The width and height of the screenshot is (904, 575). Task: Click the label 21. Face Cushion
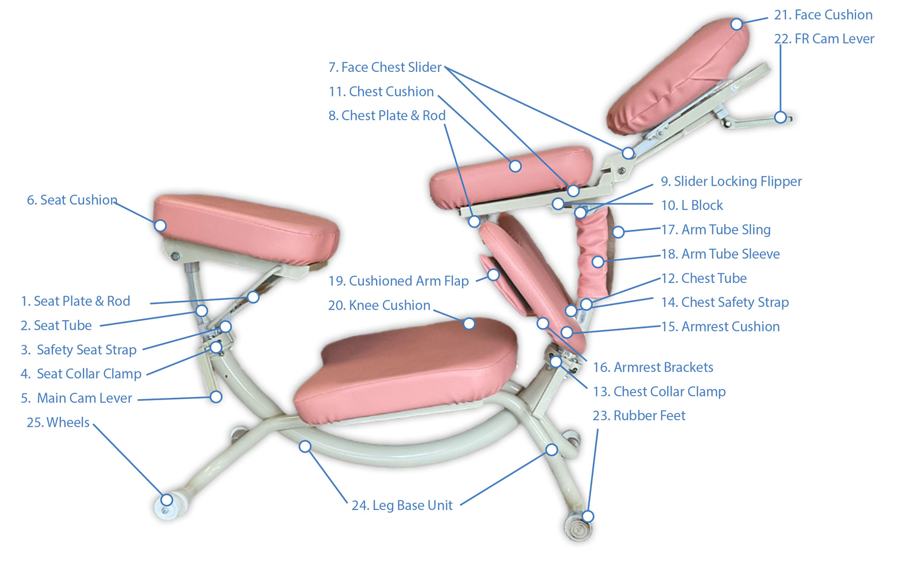[823, 15]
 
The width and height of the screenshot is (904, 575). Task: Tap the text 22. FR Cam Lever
[824, 39]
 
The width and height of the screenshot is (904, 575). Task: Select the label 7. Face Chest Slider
[385, 67]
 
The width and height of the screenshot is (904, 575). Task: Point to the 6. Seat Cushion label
[72, 200]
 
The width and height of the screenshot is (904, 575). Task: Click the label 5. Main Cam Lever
[76, 398]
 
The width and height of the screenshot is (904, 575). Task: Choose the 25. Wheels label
[58, 422]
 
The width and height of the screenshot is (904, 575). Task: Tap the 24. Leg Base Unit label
[402, 505]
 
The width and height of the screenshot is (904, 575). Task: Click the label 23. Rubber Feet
[639, 416]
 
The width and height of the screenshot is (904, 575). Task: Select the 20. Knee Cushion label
[379, 305]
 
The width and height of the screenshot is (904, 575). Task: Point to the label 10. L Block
[692, 206]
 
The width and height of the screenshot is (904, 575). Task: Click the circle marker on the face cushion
[736, 24]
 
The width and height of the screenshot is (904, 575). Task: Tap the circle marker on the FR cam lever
[780, 117]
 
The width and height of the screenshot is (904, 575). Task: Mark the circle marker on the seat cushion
[160, 225]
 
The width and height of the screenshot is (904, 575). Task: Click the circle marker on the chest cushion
[515, 166]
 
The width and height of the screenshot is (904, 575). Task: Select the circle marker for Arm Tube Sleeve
[598, 262]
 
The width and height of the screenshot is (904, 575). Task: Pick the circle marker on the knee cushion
[469, 323]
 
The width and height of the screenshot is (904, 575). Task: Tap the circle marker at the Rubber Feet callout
[588, 516]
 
